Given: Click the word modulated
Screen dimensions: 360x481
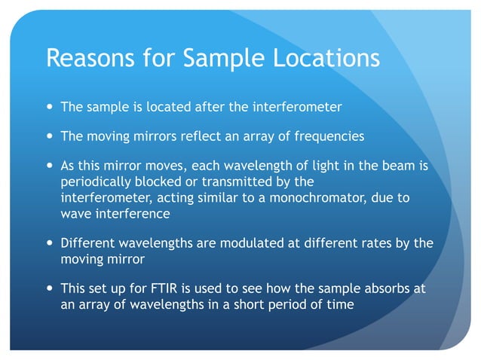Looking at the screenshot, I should [x=225, y=243].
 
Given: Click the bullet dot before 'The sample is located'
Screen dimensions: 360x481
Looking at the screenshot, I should [x=50, y=107].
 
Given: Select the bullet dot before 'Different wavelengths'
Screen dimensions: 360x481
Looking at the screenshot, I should [x=50, y=243].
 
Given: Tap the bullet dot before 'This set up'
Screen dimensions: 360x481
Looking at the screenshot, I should [x=50, y=288].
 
